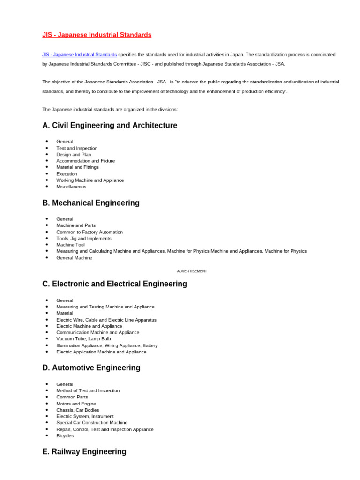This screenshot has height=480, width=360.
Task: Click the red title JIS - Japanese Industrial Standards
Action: click(97, 35)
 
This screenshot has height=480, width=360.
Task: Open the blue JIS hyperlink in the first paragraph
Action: click(80, 55)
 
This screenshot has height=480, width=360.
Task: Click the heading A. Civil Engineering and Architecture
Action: click(110, 126)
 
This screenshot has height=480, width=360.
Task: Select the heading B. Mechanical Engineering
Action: click(91, 203)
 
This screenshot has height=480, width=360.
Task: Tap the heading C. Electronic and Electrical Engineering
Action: click(114, 284)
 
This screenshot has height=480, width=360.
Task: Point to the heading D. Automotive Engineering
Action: click(91, 368)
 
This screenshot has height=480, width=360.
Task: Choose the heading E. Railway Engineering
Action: click(84, 452)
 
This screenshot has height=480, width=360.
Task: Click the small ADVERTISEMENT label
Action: click(192, 271)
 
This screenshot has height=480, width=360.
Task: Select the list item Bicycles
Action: click(65, 436)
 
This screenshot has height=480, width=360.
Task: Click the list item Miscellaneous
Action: click(71, 187)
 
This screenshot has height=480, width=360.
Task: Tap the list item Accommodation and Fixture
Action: click(86, 161)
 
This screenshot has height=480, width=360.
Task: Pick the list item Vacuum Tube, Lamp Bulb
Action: click(84, 339)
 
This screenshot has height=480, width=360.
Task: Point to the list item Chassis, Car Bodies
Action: click(78, 410)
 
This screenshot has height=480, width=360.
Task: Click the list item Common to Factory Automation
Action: click(90, 232)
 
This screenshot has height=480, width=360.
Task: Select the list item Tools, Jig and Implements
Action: click(84, 238)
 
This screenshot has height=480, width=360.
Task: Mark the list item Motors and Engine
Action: click(76, 404)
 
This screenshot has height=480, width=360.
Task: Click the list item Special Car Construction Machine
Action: click(92, 423)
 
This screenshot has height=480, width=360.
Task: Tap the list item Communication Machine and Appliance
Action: click(98, 332)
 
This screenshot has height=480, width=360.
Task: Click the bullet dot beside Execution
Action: click(47, 174)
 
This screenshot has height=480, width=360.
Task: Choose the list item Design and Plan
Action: click(74, 154)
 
